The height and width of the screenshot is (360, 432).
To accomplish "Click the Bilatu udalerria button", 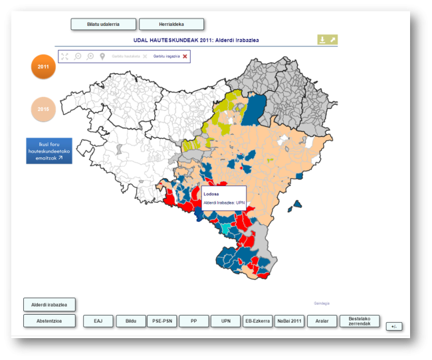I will coord(103,24).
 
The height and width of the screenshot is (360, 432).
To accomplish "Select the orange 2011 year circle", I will coord(43,67).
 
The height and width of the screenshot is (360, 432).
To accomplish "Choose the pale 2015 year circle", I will coord(43,109).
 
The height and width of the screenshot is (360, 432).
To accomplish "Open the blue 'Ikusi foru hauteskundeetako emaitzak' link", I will coord(49,151).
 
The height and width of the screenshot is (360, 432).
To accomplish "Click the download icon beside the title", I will coord(322,40).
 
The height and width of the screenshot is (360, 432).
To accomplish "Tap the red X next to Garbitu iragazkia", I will coord(185,56).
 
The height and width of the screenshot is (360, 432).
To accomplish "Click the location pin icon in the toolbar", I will coord(102,56).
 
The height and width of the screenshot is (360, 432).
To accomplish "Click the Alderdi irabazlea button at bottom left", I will coord(49,305).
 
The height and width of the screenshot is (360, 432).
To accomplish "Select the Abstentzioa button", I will coord(49,321).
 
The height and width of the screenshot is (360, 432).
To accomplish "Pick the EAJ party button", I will coord(98,321).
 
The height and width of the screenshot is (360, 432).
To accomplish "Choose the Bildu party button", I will coord(130,321).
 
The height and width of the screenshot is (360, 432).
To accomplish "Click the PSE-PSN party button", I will coord(162,321).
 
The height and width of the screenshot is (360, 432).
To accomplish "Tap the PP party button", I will coord(194,321).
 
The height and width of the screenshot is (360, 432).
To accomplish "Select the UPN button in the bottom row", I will coord(226,321).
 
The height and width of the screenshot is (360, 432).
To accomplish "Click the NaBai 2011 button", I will coord(289,321).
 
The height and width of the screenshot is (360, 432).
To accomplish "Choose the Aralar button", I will coord(322,321).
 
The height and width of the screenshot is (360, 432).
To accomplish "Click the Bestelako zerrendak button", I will coord(359,321).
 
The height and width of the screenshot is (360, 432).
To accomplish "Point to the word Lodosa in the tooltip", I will coord(211,194).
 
